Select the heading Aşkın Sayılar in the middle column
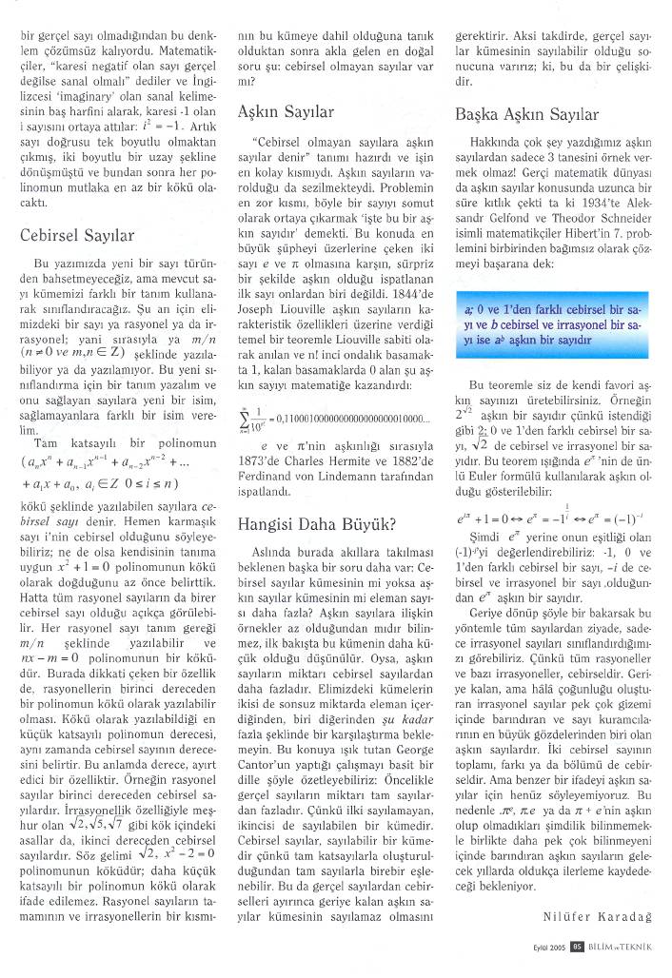(x=286, y=111)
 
